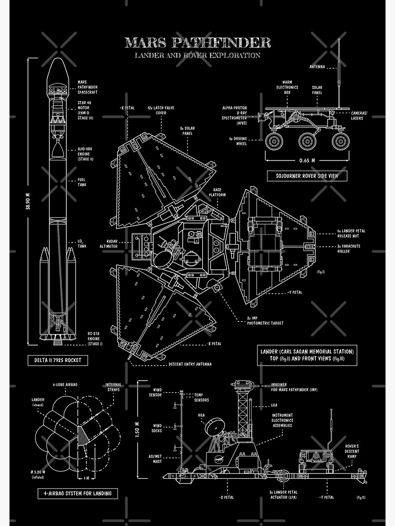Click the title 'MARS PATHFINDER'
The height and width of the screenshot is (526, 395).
click(197, 42)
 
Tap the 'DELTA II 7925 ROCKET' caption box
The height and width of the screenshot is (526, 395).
click(58, 360)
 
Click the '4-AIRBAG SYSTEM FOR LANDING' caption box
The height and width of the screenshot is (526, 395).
click(77, 493)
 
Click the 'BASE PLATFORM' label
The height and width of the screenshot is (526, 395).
click(220, 192)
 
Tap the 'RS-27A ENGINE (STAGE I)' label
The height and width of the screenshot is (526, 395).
click(95, 338)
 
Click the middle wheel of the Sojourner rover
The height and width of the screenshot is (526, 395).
click(307, 141)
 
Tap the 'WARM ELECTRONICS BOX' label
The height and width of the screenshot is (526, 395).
click(287, 87)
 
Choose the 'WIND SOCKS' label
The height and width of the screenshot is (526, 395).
click(157, 428)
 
